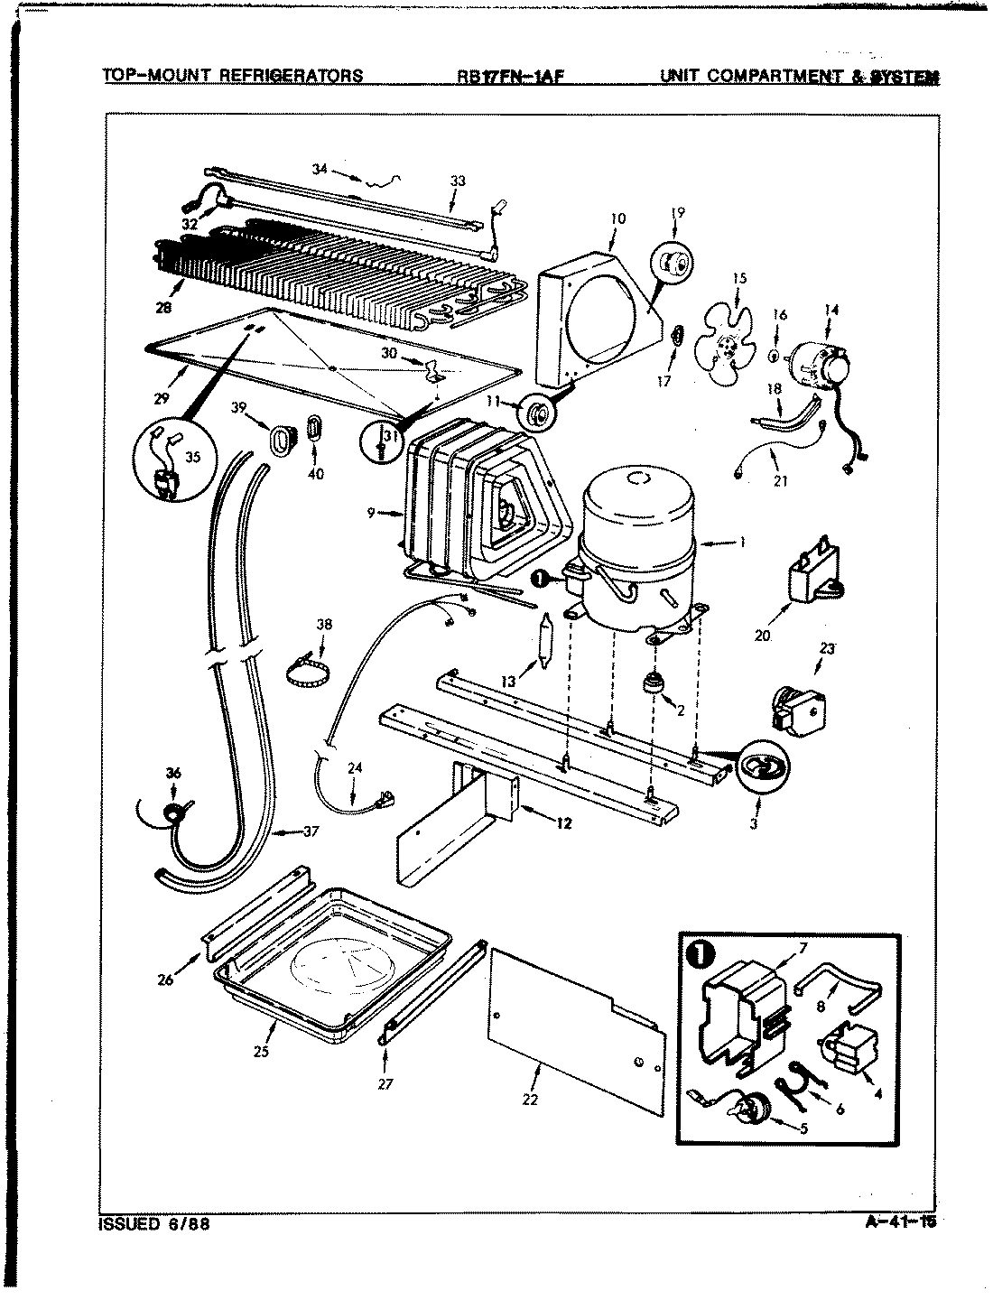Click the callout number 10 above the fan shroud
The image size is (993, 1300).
617,218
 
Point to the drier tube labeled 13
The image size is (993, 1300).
544,642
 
